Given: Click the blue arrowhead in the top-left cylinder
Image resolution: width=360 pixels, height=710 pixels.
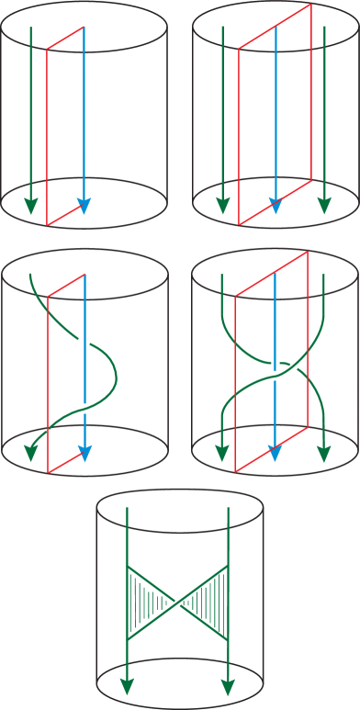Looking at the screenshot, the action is pos(84,207).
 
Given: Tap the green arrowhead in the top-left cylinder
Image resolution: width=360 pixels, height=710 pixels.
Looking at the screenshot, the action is pos(31,206).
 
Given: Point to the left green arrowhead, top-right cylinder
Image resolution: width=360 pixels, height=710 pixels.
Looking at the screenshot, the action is pos(221,206).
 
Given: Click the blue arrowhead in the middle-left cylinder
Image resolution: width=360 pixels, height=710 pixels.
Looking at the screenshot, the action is pos(84,453).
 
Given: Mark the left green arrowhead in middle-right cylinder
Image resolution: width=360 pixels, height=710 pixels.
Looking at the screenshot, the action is pos(221,453).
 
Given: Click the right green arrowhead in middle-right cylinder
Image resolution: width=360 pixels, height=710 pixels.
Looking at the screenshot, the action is pos(324,453).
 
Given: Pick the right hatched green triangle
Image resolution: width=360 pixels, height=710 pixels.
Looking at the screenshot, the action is pos(211,603).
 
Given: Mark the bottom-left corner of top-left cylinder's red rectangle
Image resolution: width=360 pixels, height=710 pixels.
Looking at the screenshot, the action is pos(48,225).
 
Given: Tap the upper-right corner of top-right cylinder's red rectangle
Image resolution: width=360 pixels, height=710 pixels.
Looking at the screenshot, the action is pos(311,4).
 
